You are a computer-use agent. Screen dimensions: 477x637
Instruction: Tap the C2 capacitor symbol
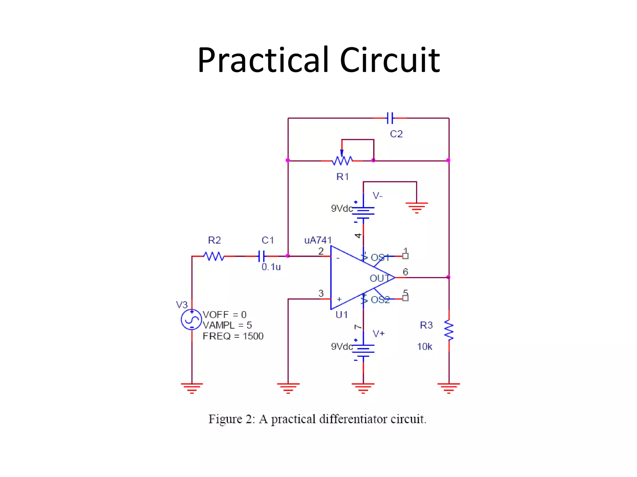coord(390,118)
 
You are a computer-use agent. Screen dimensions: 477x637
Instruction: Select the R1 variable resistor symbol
coord(342,160)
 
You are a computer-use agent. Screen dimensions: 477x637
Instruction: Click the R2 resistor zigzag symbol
coord(214,256)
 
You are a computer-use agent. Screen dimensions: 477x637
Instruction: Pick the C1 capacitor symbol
coord(262,256)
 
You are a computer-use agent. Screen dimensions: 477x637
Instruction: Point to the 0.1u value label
coord(271,267)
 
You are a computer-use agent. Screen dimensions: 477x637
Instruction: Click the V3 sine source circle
coord(191,320)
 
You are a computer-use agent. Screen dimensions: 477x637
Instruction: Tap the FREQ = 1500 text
coord(233,336)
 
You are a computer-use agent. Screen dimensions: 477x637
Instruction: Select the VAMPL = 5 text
coord(227,325)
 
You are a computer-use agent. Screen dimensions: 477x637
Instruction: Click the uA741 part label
coord(318,240)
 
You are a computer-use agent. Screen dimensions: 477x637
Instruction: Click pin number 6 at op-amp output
coord(405,272)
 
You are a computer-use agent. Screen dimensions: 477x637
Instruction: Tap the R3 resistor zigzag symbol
coord(449,330)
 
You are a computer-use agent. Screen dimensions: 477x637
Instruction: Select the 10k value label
coord(425,347)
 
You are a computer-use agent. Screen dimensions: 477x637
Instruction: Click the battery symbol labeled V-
coord(363,212)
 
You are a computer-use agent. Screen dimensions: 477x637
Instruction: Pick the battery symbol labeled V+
coord(363,351)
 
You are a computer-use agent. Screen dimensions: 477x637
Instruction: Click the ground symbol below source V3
coord(192,388)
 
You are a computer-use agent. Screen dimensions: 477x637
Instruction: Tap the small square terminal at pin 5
coord(405,298)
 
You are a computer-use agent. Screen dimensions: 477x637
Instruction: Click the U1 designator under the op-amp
coord(342,315)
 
